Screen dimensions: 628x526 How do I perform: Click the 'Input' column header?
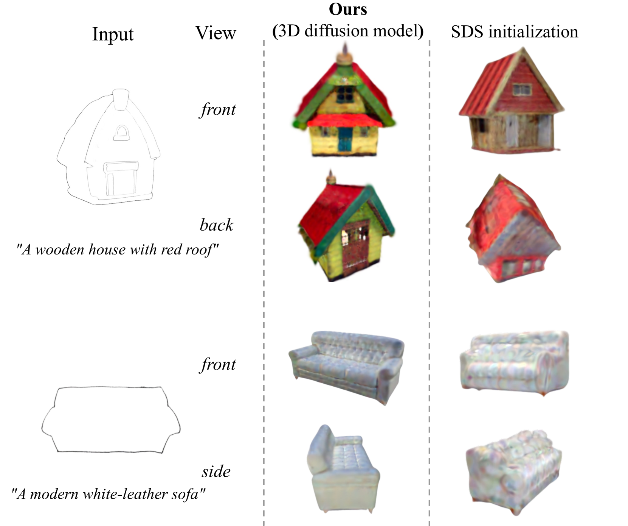[113, 34]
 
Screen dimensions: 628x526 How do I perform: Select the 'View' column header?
[216, 33]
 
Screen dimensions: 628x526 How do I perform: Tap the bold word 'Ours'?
[348, 9]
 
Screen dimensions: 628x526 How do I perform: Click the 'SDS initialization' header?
[515, 32]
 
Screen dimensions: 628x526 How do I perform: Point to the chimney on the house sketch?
[121, 99]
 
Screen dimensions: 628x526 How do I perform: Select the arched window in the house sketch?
[121, 133]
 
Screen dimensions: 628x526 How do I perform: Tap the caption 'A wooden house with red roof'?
[117, 250]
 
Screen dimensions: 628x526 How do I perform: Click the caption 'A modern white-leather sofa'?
[108, 494]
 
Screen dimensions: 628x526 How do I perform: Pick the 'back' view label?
[216, 225]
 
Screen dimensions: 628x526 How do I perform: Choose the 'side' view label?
[216, 471]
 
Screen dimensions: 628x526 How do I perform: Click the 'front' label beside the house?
[218, 109]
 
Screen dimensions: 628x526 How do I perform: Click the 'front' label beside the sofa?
[218, 364]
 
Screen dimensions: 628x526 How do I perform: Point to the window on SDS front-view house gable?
[522, 90]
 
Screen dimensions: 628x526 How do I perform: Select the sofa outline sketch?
[111, 419]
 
